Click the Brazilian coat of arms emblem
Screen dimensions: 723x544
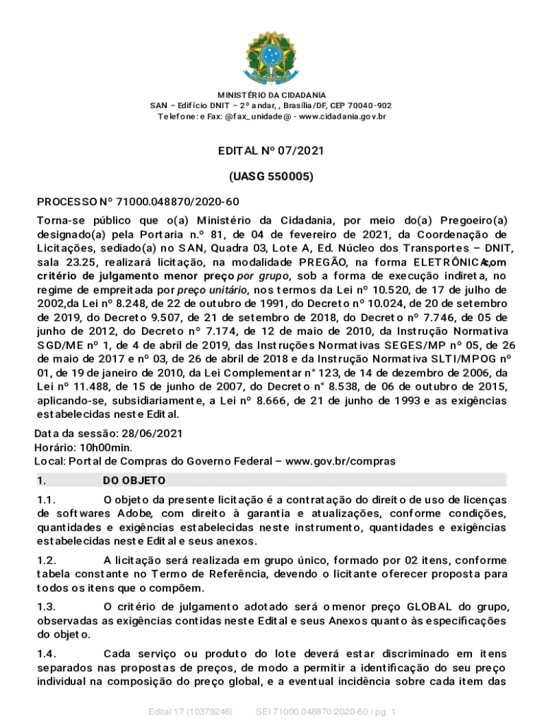[271, 54]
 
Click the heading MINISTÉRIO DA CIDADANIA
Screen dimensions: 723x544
[272, 95]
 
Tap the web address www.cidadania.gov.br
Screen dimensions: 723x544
[343, 116]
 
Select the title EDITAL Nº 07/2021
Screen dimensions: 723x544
[272, 151]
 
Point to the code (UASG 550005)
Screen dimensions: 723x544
[272, 177]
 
